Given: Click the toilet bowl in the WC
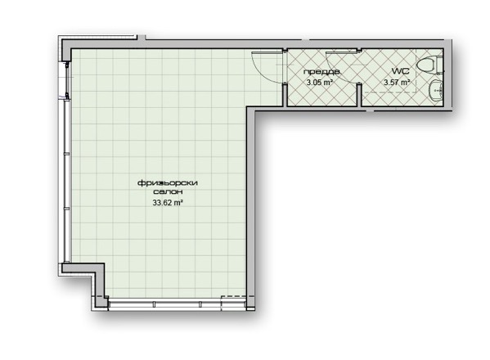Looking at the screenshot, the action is pyautogui.click(x=429, y=65).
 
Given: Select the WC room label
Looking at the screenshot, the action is pyautogui.click(x=400, y=71).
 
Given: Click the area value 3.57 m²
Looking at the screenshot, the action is pyautogui.click(x=397, y=83).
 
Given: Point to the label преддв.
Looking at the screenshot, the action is pyautogui.click(x=321, y=72).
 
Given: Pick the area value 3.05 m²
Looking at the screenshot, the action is pyautogui.click(x=319, y=83).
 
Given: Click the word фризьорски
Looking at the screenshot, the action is pyautogui.click(x=168, y=183).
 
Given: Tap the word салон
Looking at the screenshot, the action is pyautogui.click(x=168, y=192).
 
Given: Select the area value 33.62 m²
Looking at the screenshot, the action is pyautogui.click(x=168, y=203).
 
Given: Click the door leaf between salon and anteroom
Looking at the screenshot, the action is pyautogui.click(x=268, y=52).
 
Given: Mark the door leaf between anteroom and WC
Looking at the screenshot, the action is pyautogui.click(x=342, y=52).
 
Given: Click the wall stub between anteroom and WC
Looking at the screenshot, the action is pyautogui.click(x=359, y=94).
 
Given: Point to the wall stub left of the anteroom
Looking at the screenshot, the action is pyautogui.click(x=285, y=94).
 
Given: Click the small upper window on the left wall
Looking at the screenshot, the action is pyautogui.click(x=67, y=80).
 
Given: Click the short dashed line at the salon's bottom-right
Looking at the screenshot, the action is pyautogui.click(x=233, y=296).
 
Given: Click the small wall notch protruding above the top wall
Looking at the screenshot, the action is pyautogui.click(x=142, y=38).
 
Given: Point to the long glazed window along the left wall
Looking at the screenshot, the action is pyautogui.click(x=66, y=182).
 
